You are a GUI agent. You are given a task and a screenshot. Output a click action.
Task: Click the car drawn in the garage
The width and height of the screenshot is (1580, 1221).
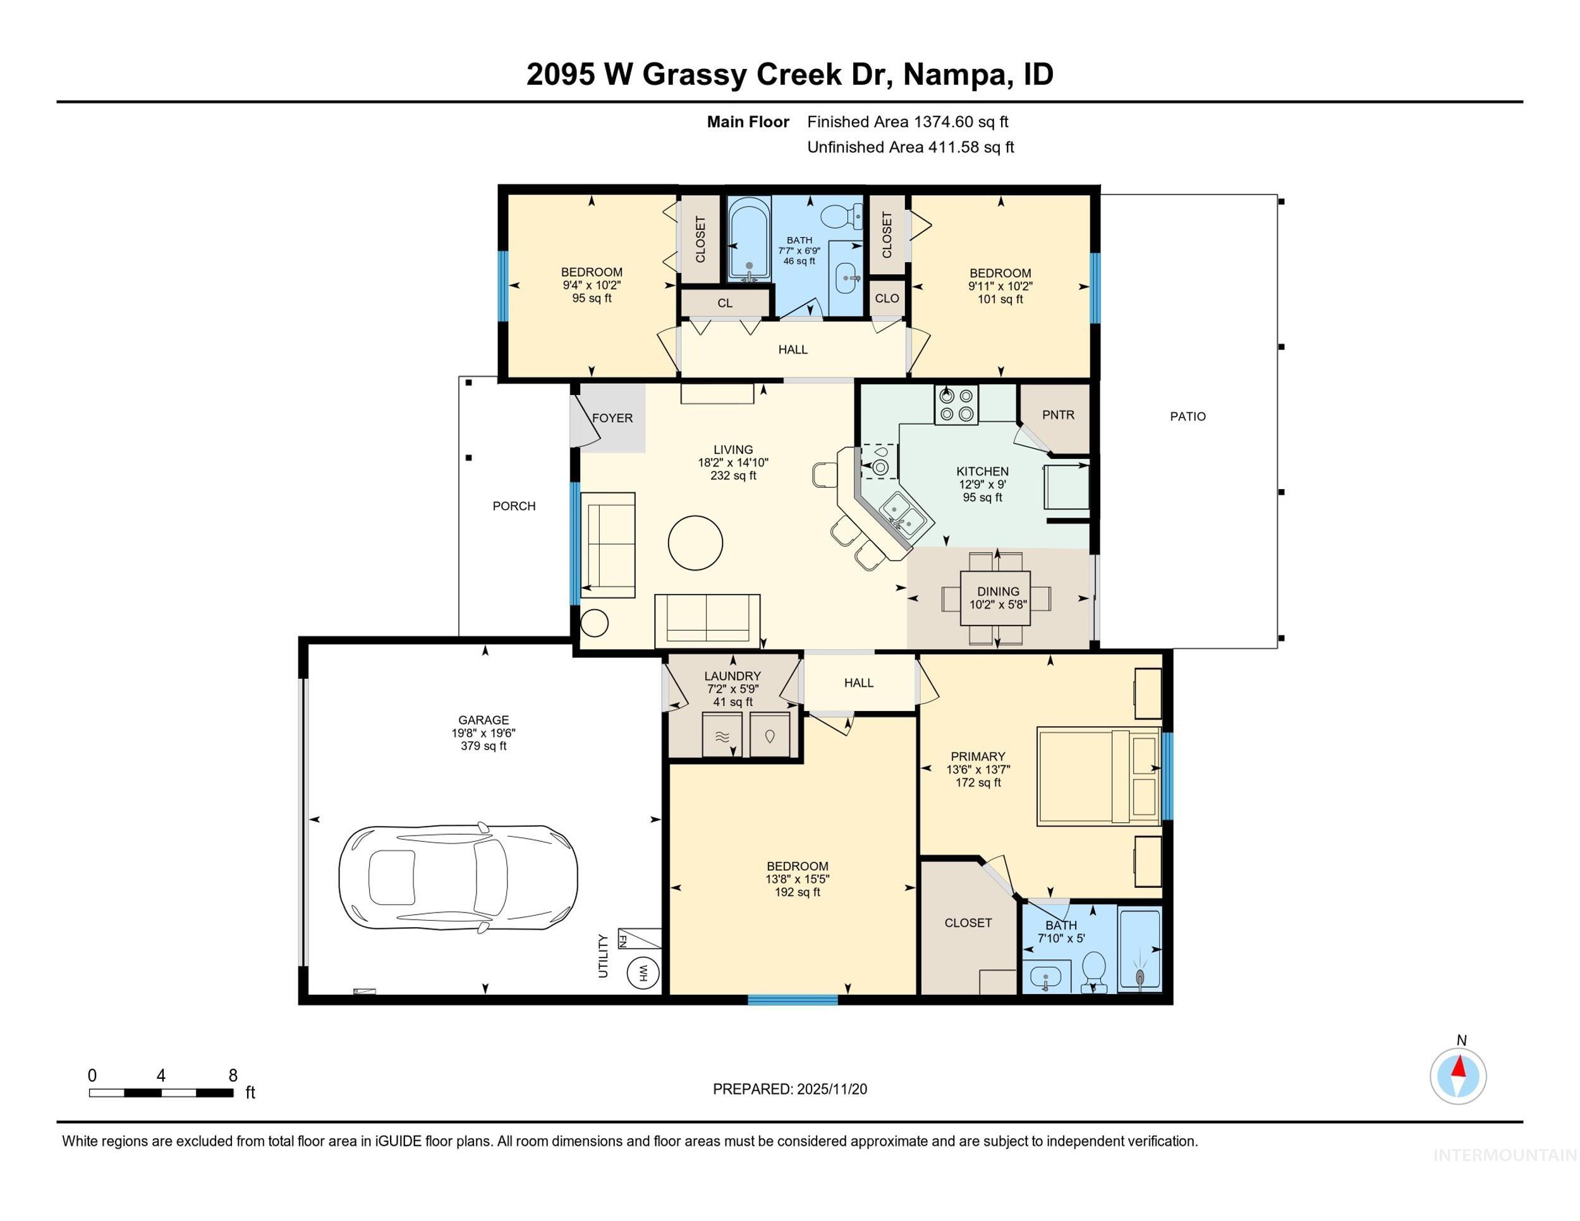pyautogui.click(x=458, y=877)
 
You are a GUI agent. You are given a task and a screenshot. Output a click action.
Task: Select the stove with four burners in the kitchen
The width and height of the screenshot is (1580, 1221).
pyautogui.click(x=956, y=404)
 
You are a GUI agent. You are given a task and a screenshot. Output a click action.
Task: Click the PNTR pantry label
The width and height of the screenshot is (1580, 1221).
pyautogui.click(x=1058, y=415)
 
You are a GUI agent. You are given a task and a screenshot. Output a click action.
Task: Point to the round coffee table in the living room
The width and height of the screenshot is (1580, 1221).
pyautogui.click(x=695, y=542)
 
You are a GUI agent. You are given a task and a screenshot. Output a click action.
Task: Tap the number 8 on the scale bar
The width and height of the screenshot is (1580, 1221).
pyautogui.click(x=233, y=1076)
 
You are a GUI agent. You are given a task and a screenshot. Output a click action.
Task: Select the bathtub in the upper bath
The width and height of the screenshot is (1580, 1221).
pyautogui.click(x=748, y=240)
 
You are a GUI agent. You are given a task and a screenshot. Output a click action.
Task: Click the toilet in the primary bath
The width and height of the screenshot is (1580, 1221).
pyautogui.click(x=1094, y=971)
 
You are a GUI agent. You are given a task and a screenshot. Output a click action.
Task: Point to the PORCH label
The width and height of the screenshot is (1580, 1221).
pyautogui.click(x=514, y=506)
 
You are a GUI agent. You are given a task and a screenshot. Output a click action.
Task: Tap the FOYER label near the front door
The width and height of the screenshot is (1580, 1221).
pyautogui.click(x=612, y=418)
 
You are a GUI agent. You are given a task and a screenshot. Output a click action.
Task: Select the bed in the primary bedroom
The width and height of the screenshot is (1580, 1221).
pyautogui.click(x=1098, y=776)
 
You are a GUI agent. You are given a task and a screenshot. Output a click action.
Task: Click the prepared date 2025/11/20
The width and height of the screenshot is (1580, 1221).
pyautogui.click(x=831, y=1090)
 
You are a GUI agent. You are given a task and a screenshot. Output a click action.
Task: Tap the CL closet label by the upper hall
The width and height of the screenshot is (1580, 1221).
pyautogui.click(x=725, y=304)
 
